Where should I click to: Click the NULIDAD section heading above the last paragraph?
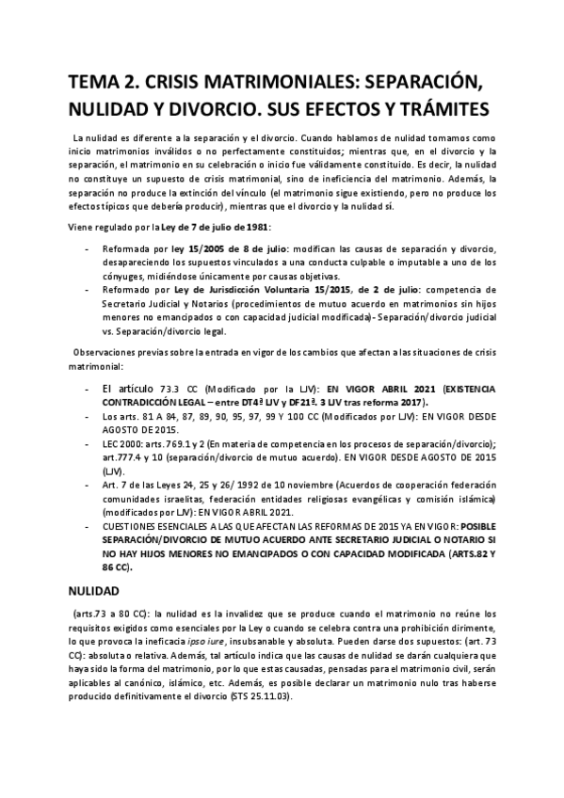click(93, 594)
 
